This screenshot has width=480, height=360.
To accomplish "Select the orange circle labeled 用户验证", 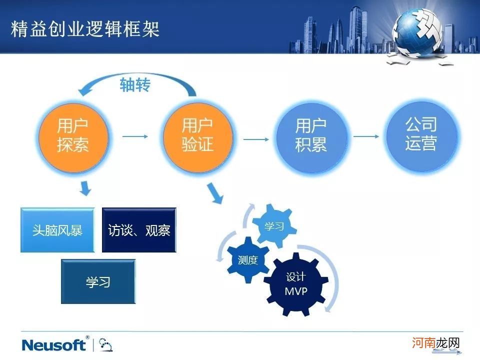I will tap(197, 135).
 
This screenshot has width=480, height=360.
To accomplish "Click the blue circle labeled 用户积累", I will tap(311, 135).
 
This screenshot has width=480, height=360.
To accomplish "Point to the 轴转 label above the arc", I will tap(134, 85).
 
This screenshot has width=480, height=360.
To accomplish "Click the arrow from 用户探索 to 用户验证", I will tap(135, 136).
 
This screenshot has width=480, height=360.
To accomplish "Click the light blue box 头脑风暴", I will tap(57, 230).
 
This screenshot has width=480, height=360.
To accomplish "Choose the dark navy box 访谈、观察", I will tap(139, 230).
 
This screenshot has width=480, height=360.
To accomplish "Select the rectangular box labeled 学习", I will tap(98, 281).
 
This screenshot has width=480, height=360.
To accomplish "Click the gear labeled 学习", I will tap(273, 226).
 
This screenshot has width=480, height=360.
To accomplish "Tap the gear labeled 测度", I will tap(247, 260).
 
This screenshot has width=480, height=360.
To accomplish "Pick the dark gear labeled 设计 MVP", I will tap(295, 284).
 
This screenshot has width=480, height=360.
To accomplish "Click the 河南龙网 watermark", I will tap(435, 343).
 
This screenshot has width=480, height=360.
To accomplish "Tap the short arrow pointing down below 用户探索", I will tap(85, 188).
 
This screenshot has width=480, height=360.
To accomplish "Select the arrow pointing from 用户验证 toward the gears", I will tap(215, 194).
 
